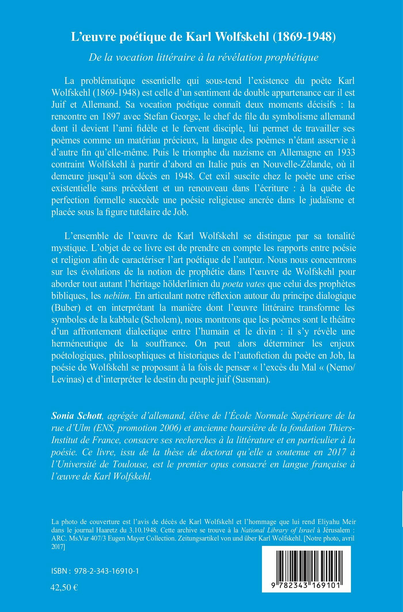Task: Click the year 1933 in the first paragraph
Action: tap(345, 152)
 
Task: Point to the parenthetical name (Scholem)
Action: tap(161, 320)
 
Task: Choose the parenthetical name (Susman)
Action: tap(251, 379)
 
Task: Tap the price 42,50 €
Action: tap(64, 587)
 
